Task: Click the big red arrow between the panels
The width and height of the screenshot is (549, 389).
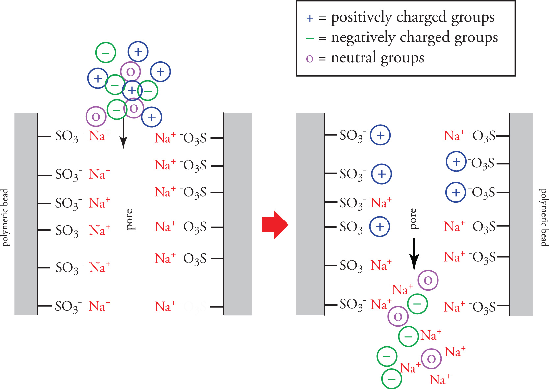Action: coord(275,225)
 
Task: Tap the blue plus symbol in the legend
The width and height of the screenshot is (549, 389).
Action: coord(309,18)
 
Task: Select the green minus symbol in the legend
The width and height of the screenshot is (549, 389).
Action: coord(310,39)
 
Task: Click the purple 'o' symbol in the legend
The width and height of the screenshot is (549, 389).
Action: coord(309,59)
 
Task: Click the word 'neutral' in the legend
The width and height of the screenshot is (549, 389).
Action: coord(353,58)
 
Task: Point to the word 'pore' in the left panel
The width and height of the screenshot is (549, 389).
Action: coord(130,219)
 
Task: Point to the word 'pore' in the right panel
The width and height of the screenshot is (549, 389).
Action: coord(413,219)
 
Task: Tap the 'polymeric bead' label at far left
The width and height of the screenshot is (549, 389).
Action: coord(5,217)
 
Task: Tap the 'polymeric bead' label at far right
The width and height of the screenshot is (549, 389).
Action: coord(544,217)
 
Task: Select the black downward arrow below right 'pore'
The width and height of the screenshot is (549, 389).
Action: coord(414,253)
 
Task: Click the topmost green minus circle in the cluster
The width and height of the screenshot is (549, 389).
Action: coord(106,52)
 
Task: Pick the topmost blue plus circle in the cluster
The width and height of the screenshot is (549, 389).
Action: coord(138,52)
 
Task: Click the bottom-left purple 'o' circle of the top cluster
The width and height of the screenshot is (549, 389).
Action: coord(96,117)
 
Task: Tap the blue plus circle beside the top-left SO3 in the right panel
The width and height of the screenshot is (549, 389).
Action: coord(380,135)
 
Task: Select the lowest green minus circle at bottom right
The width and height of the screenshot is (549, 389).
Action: coord(391,379)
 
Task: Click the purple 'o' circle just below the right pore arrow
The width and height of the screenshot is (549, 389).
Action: coord(428,280)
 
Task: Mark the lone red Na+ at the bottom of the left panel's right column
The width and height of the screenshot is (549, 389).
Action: coord(165,306)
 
